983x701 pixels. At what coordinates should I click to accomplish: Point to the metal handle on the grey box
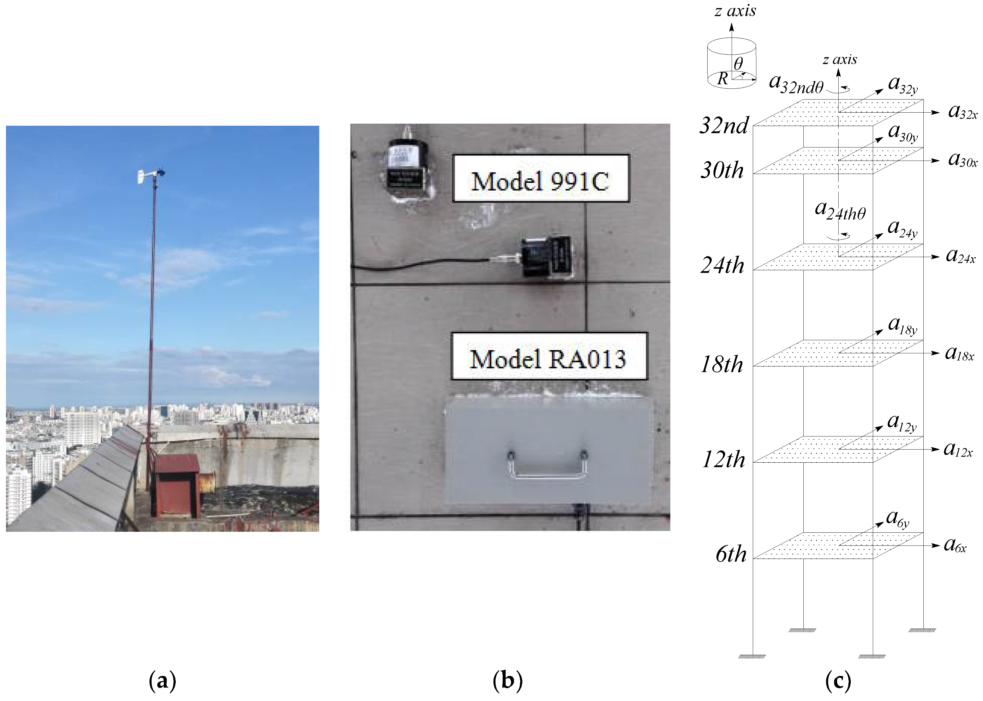[547, 464]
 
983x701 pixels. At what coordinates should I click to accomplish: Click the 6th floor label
[730, 554]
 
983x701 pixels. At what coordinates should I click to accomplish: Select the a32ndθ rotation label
[796, 84]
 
